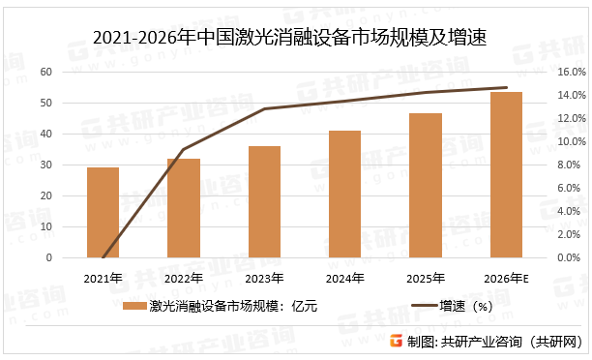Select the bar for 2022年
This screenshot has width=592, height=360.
tap(183, 208)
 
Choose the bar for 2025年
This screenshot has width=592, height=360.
tap(425, 186)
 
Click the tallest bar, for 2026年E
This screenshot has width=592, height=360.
tap(506, 175)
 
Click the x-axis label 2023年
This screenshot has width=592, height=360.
tap(264, 279)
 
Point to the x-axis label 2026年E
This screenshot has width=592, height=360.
tap(506, 279)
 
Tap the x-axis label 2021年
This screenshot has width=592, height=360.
tap(103, 279)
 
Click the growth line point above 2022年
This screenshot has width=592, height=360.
tap(183, 149)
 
